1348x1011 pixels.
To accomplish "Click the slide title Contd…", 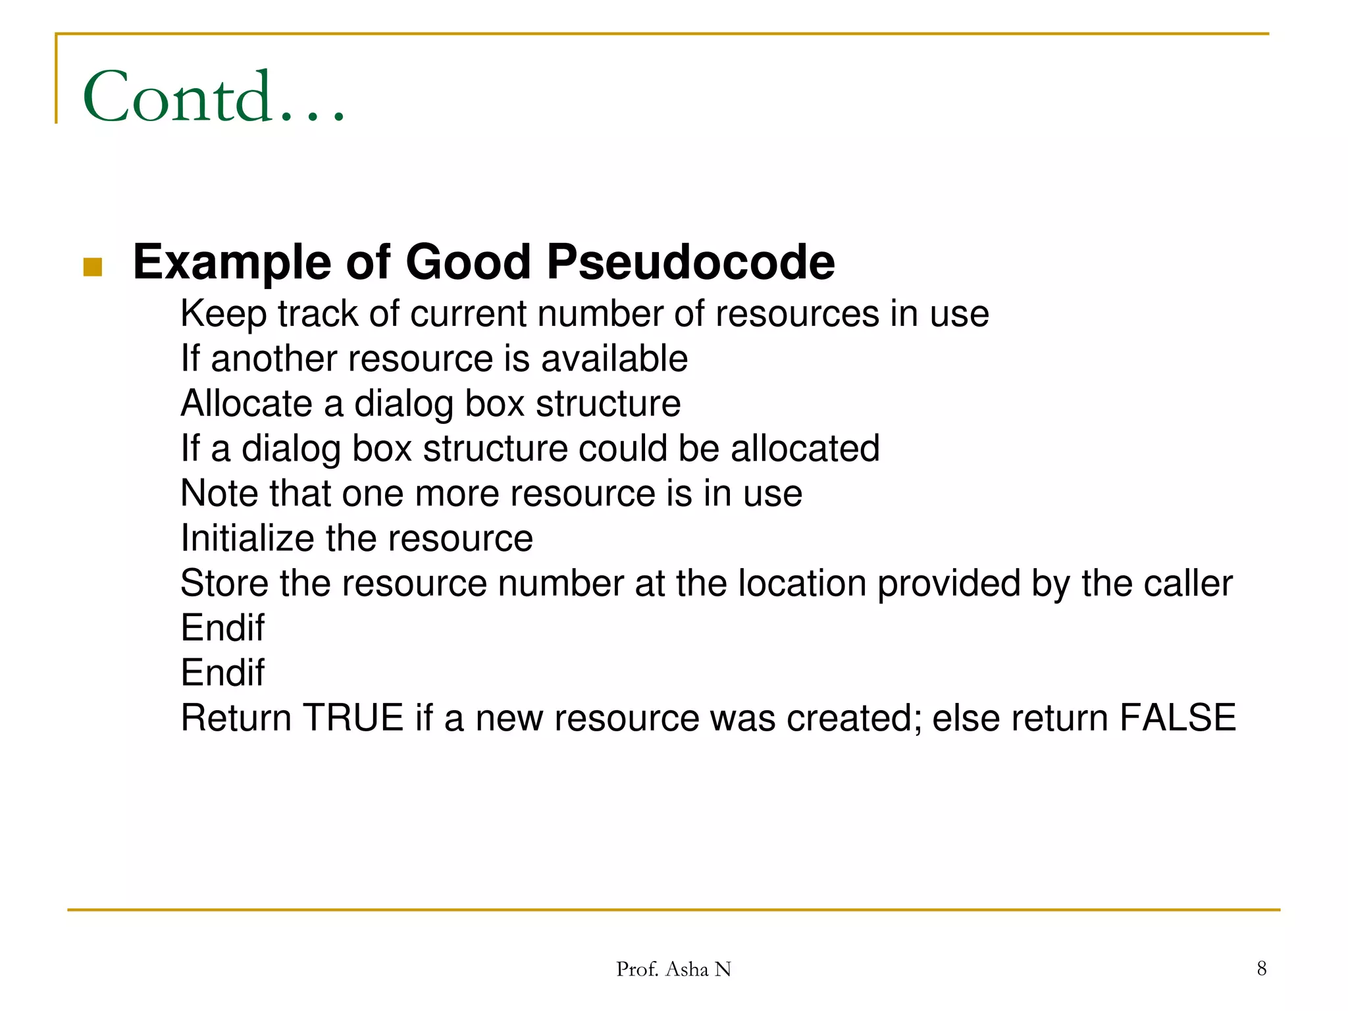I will tap(214, 97).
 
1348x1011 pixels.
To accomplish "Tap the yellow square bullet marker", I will tap(93, 267).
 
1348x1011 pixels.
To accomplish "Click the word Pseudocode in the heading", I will tap(690, 262).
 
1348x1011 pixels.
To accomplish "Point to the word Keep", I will tap(223, 314).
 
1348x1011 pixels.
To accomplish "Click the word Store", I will tap(224, 583).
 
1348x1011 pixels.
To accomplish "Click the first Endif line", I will tap(222, 628).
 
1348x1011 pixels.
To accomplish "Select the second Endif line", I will tap(222, 673).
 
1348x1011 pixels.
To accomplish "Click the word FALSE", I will tap(1178, 717).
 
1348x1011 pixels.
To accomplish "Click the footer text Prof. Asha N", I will tap(673, 969).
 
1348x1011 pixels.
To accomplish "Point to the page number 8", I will tap(1261, 968).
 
